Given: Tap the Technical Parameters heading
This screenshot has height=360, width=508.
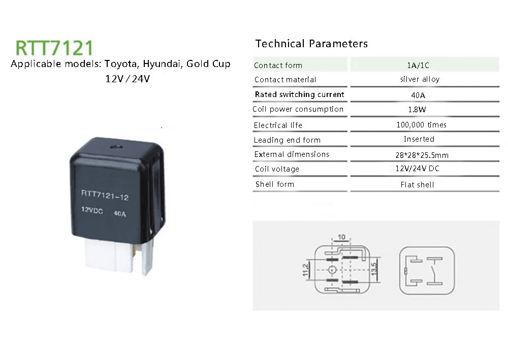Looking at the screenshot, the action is pos(311,44).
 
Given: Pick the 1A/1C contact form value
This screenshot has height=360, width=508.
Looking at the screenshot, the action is pos(418,66).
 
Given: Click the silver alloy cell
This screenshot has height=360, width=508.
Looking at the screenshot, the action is pos(420,79).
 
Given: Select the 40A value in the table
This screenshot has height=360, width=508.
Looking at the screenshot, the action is pos(418,94).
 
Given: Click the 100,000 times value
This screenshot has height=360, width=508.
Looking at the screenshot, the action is pos(421,125).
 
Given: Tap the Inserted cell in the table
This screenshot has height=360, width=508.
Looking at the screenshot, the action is pos(419,139).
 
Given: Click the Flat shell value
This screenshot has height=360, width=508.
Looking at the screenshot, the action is pos(417,185).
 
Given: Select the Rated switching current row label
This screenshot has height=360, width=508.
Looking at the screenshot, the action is pos(299,94).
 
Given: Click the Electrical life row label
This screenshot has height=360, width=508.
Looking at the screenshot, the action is pos(278,125).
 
